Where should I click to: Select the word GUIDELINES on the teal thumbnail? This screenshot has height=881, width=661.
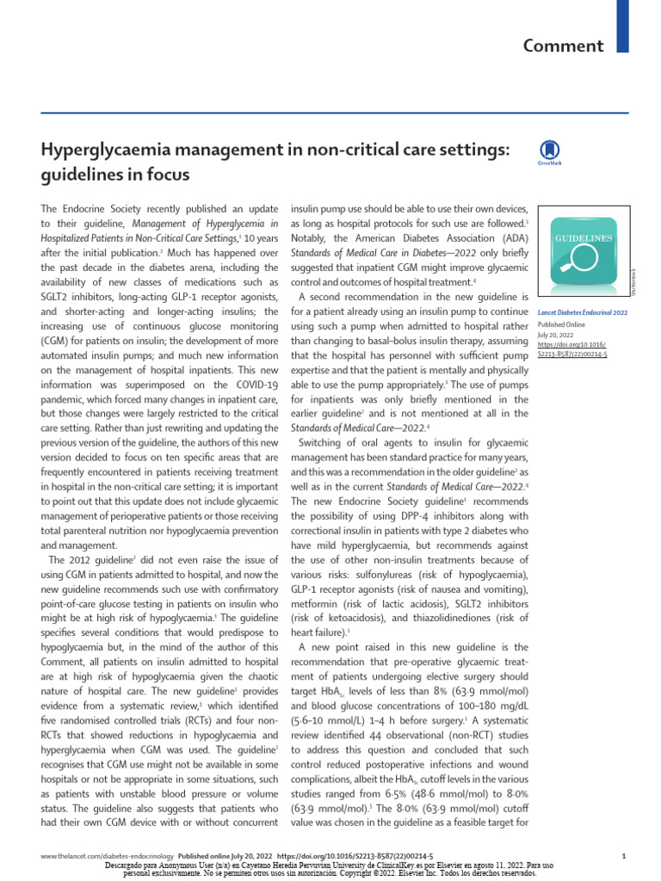coord(583,237)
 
